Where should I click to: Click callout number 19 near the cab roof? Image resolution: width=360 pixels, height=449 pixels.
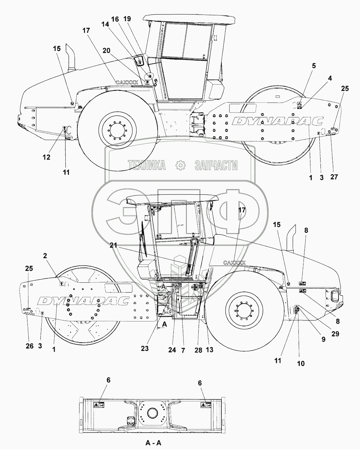pos(127,19)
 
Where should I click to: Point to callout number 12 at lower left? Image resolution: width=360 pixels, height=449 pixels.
pos(46,157)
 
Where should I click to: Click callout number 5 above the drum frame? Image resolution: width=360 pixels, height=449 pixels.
pos(314,66)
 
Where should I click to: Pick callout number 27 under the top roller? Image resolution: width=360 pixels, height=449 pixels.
pos(334,177)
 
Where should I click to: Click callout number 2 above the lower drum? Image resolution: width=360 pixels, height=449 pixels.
pos(45,256)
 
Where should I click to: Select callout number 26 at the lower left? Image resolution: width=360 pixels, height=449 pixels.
pos(29,346)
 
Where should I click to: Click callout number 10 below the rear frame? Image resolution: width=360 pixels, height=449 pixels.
pos(301,363)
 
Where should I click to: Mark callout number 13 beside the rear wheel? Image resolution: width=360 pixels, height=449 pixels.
pos(209,349)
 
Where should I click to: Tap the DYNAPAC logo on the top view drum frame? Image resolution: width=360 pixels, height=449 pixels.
pos(279,121)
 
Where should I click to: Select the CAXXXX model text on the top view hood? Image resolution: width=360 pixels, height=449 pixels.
pos(127,82)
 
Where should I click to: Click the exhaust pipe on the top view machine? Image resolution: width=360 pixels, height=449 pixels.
pos(71,58)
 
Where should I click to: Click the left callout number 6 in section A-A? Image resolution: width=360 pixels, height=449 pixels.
pos(108,380)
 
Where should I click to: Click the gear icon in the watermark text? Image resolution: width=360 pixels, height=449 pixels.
pos(180,165)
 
